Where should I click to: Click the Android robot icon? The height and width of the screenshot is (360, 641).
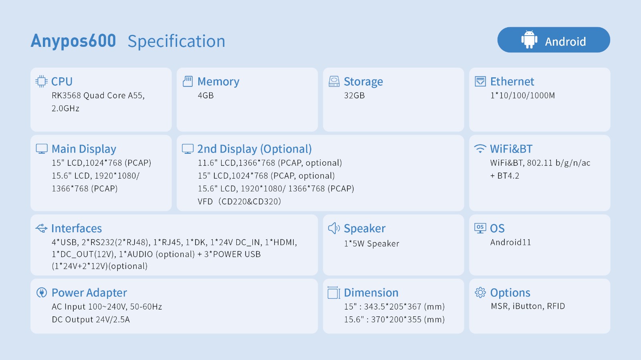pyautogui.click(x=529, y=39)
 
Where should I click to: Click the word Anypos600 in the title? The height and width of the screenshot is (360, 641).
pyautogui.click(x=73, y=41)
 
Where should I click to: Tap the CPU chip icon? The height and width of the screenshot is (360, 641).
pyautogui.click(x=42, y=81)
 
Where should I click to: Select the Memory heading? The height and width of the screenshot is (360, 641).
pyautogui.click(x=218, y=82)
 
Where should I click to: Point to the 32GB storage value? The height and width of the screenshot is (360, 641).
pyautogui.click(x=354, y=95)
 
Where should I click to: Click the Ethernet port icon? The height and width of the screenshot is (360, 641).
pyautogui.click(x=480, y=81)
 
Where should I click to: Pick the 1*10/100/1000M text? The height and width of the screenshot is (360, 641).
pyautogui.click(x=522, y=95)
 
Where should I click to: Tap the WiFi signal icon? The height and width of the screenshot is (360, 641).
pyautogui.click(x=480, y=149)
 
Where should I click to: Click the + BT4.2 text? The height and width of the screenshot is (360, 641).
pyautogui.click(x=505, y=175)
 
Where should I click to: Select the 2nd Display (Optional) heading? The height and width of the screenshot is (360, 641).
pyautogui.click(x=254, y=149)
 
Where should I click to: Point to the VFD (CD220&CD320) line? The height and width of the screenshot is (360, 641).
pyautogui.click(x=240, y=201)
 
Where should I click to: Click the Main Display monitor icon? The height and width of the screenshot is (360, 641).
pyautogui.click(x=42, y=149)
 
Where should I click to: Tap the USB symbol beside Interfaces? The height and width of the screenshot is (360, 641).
pyautogui.click(x=42, y=228)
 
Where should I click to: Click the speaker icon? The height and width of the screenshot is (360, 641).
pyautogui.click(x=334, y=228)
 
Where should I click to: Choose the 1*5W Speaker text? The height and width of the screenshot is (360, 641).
pyautogui.click(x=371, y=243)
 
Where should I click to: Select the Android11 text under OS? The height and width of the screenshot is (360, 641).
pyautogui.click(x=510, y=243)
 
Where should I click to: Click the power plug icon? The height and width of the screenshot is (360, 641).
pyautogui.click(x=42, y=292)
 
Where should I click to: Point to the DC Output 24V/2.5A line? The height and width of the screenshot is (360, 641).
pyautogui.click(x=91, y=320)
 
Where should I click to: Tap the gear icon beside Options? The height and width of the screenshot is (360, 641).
pyautogui.click(x=480, y=292)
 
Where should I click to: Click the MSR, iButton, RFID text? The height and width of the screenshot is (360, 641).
pyautogui.click(x=528, y=306)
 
